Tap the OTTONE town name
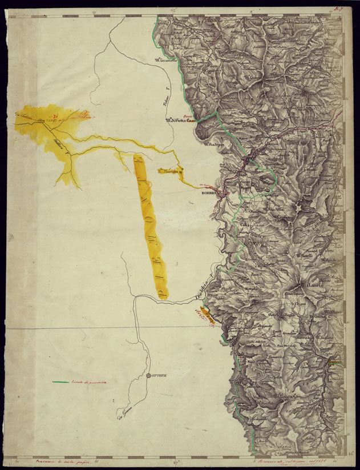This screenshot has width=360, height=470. coord(158,375)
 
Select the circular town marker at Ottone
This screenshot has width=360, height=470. coord(148,375)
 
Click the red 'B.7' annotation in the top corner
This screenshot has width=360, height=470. coord(339,9)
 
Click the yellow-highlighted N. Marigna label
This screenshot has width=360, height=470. coord(169,170)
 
